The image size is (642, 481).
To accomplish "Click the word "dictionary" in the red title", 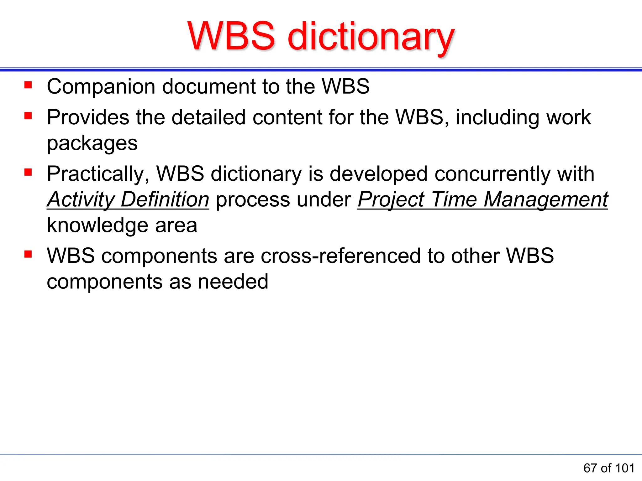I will [371, 37].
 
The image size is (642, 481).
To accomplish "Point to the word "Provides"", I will [88, 117].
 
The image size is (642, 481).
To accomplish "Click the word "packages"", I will [92, 143].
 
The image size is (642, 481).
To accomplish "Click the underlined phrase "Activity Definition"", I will [128, 199].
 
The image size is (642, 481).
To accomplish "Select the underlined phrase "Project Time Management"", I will [482, 199].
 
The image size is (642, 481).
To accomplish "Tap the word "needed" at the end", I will [233, 282].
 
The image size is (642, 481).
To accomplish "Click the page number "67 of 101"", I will [609, 468].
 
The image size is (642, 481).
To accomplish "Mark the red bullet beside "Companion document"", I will [28, 85].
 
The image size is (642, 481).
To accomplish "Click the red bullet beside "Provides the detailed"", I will [28, 116].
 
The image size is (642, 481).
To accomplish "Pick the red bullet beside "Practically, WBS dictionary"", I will [28, 172].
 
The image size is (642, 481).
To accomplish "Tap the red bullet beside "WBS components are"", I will [28, 254].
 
